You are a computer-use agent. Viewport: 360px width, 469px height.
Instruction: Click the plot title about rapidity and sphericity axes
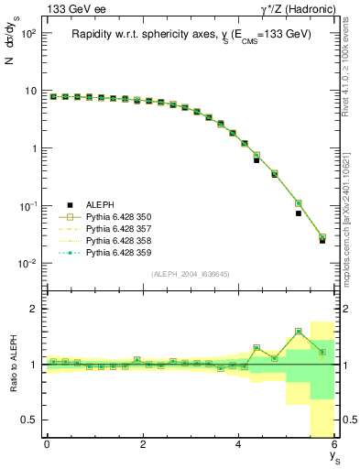click(x=191, y=34)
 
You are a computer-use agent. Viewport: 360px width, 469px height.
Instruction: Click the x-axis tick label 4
click(x=239, y=444)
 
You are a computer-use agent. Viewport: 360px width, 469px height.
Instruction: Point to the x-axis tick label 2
click(x=143, y=444)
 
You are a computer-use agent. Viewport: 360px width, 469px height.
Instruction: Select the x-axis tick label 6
click(x=334, y=444)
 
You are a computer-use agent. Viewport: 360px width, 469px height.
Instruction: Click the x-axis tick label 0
click(x=47, y=444)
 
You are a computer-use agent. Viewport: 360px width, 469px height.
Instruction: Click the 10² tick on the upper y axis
click(x=27, y=33)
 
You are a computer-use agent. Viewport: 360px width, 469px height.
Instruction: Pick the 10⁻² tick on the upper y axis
click(x=27, y=264)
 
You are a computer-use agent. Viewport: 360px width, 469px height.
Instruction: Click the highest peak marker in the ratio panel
click(x=299, y=332)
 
